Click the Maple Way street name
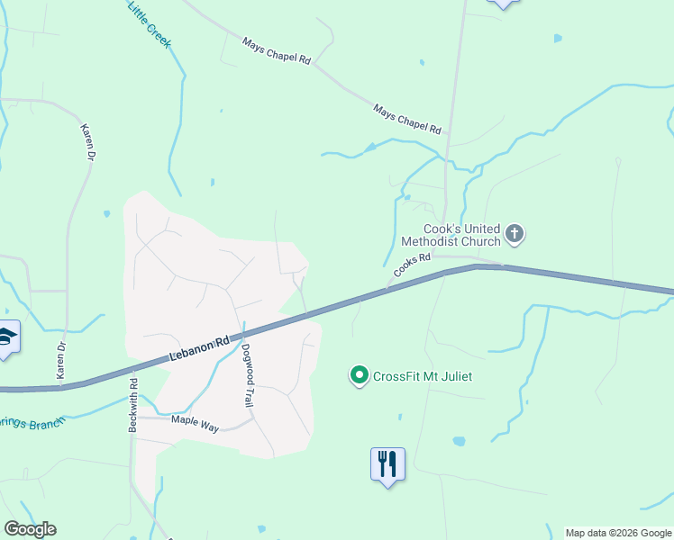coord(196,419)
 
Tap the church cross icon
coord(515,235)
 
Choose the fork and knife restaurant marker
coord(387,464)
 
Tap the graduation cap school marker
coord(6,337)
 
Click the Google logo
coord(30,529)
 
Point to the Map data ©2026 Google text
coord(618,533)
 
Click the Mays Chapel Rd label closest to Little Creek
coord(277,51)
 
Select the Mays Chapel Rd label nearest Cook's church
coord(407,119)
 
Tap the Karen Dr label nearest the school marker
coord(62,359)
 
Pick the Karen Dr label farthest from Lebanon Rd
coord(87,142)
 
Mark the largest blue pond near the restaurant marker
coord(459,442)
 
